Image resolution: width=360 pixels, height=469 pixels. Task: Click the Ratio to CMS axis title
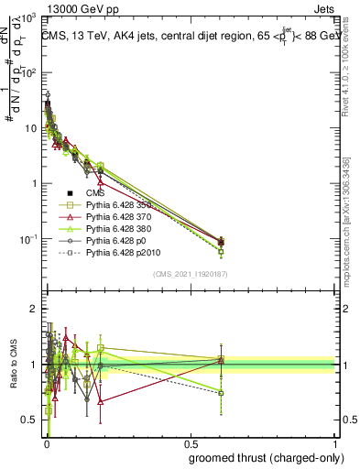pyautogui.click(x=12, y=365)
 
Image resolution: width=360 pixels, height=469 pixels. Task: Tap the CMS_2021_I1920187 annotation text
pyautogui.click(x=189, y=274)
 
